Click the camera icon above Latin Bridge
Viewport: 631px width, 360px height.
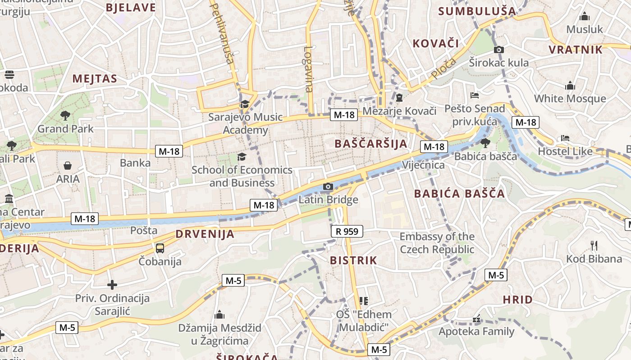(x=328, y=187)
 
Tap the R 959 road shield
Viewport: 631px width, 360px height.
(x=347, y=232)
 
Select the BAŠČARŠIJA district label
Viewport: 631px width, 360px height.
(x=371, y=144)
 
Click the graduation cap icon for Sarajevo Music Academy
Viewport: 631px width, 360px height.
(x=245, y=104)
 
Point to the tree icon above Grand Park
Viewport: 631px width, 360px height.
(x=65, y=115)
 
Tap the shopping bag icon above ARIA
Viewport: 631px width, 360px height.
(x=68, y=166)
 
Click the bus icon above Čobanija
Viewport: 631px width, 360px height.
(x=160, y=248)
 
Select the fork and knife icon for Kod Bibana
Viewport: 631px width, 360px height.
(x=594, y=246)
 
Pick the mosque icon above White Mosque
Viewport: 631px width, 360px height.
(x=570, y=85)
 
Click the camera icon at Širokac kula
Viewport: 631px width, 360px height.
(x=499, y=49)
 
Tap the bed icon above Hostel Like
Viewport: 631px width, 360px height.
(x=565, y=138)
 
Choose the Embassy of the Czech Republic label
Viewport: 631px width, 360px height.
(x=437, y=243)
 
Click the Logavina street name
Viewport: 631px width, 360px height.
(x=309, y=69)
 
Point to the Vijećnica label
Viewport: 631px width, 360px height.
(x=423, y=165)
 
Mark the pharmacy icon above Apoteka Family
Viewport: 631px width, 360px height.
(x=476, y=319)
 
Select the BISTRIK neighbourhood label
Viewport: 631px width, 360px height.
(x=353, y=260)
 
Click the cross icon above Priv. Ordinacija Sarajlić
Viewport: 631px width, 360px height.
(x=112, y=285)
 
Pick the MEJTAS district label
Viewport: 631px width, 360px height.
(x=95, y=79)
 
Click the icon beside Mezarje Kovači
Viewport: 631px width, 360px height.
(x=399, y=98)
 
